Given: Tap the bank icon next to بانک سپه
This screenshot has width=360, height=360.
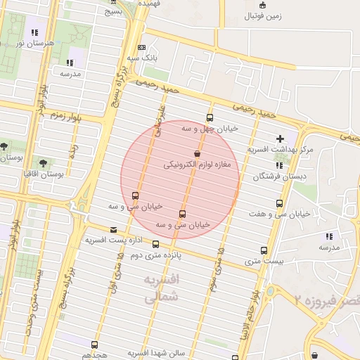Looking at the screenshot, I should tap(142, 48).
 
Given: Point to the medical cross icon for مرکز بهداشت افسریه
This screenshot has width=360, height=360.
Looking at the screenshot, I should tap(281, 139).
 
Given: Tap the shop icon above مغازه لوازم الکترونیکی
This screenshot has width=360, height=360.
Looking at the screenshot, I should tap(196, 154).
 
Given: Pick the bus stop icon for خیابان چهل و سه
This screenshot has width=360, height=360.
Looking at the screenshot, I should tap(209, 117).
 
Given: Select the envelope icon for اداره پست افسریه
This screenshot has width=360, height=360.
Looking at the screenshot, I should tap(114, 229).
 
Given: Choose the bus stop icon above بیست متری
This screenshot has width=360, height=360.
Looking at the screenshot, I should tap(264, 250).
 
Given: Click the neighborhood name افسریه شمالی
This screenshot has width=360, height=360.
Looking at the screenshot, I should tap(162, 289).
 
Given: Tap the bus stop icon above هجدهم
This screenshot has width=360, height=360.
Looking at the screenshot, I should tap(95, 345).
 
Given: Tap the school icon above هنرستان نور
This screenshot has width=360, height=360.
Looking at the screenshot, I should tap(34, 32).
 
